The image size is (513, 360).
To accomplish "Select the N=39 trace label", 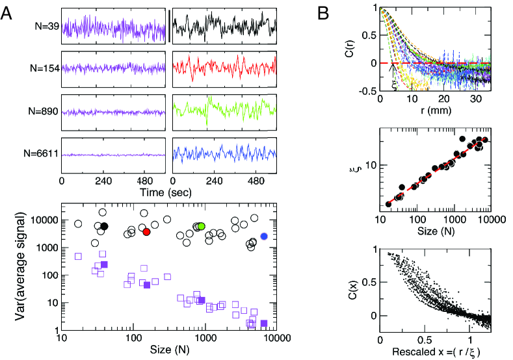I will click(x=46, y=27).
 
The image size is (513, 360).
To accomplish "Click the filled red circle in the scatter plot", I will click(x=146, y=231).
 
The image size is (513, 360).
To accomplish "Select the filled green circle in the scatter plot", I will click(x=202, y=225).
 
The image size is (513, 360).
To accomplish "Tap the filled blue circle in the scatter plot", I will click(x=264, y=237).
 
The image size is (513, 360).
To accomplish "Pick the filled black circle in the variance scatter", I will click(x=104, y=225).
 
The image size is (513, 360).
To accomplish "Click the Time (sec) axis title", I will click(x=168, y=193).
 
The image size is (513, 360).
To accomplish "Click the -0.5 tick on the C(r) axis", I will click(x=368, y=90).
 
